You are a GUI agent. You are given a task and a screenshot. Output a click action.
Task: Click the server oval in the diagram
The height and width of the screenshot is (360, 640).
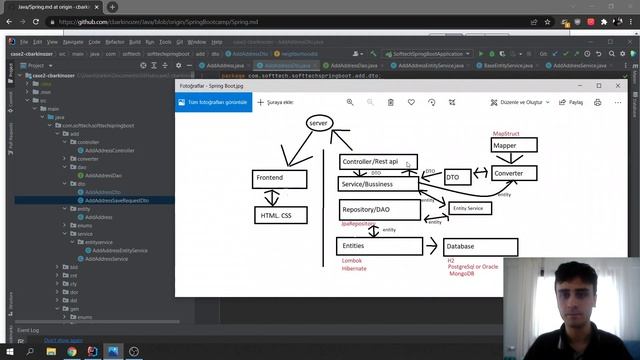[319, 123]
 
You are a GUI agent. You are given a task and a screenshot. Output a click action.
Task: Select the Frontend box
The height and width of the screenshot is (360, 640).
[279, 178]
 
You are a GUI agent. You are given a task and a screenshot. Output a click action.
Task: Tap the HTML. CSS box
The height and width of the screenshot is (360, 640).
[280, 215]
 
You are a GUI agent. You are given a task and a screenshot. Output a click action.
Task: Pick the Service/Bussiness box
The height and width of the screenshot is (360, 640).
[379, 184]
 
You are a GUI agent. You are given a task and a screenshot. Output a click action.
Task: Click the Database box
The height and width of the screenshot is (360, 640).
[481, 246]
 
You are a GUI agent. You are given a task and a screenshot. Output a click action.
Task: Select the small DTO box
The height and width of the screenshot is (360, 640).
[458, 177]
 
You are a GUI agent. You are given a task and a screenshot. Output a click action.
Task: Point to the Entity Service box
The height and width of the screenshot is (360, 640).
[470, 208]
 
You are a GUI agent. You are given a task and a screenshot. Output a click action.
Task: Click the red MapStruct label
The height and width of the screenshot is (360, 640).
[506, 133]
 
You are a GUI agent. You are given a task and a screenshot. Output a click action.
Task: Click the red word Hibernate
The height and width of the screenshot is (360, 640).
[353, 268]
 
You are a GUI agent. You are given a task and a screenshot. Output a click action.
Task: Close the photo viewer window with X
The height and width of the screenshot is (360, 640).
[618, 86]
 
